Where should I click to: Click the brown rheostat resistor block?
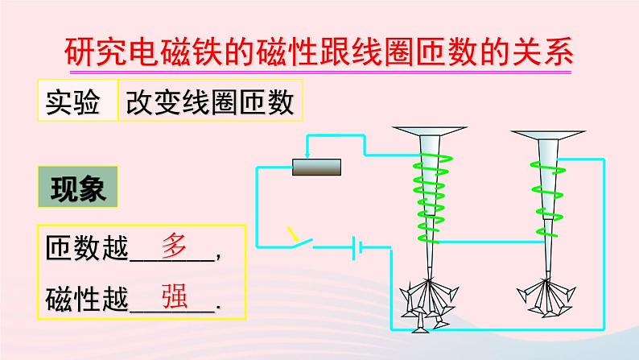(x=316, y=168)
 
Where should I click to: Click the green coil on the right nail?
(x=548, y=181)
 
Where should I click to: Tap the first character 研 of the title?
(x=78, y=53)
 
